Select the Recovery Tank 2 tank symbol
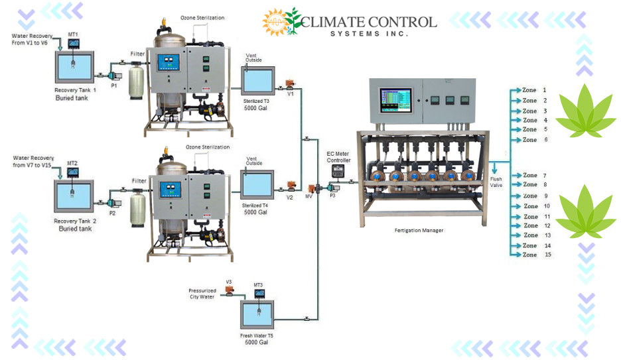pos(74,196)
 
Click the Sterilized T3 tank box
pos(256,82)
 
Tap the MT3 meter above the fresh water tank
pos(259,294)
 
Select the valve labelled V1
pos(289,84)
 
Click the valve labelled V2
pos(290,188)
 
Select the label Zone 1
pos(534,90)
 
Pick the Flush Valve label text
pos(496,182)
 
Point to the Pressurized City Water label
pos(202,294)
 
